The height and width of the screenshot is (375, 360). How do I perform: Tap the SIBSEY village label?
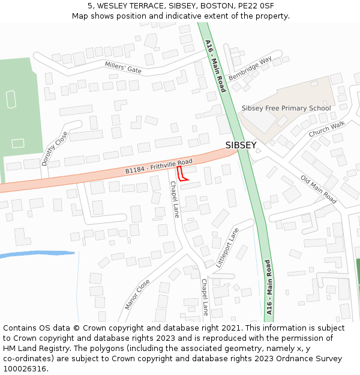click(241, 145)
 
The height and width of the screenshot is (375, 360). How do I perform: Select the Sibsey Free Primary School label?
click(286, 109)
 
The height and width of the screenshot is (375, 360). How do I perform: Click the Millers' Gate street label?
click(123, 67)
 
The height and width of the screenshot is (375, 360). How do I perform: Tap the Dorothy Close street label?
click(54, 149)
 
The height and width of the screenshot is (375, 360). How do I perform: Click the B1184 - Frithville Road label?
click(158, 166)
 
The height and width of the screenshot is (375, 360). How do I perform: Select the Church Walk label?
click(326, 129)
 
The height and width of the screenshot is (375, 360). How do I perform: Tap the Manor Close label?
click(137, 294)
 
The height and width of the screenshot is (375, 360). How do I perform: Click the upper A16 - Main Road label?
click(214, 65)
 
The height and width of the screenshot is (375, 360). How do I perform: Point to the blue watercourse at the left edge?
click(36, 254)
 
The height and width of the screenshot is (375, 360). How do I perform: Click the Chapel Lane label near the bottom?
click(205, 297)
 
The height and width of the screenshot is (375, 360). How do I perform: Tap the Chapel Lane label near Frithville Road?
click(174, 200)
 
